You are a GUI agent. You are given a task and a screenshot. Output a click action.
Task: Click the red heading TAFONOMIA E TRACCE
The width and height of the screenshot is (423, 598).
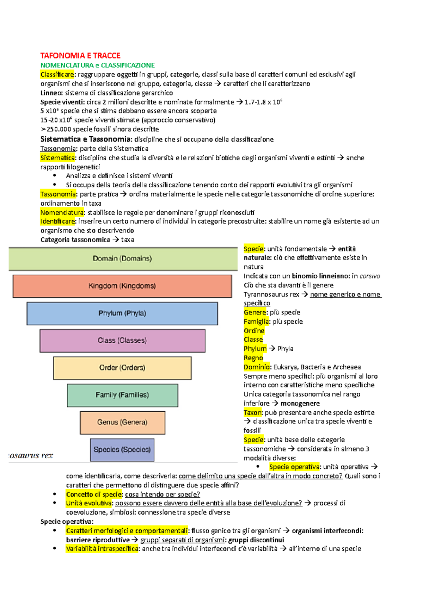coord(80,56)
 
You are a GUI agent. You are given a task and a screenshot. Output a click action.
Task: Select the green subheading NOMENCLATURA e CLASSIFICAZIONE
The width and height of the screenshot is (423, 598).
coord(98,65)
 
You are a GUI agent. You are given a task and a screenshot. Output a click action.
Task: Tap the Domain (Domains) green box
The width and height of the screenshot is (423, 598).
coord(122,258)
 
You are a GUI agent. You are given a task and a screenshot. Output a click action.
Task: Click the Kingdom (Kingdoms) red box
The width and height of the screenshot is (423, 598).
coord(122,286)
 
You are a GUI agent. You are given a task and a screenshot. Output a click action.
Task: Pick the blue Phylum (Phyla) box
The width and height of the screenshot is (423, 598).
coord(122,313)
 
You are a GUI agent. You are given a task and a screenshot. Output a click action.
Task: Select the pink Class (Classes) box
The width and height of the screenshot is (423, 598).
coord(122,341)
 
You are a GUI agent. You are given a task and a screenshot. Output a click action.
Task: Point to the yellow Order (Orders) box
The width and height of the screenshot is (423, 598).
coord(122,368)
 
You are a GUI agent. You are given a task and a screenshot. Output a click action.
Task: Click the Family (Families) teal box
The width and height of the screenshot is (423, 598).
coord(122,395)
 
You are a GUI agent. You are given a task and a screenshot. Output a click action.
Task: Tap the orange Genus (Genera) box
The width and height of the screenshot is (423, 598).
coord(122,422)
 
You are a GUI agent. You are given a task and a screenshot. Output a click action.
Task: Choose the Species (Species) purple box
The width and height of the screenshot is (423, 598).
coord(122,450)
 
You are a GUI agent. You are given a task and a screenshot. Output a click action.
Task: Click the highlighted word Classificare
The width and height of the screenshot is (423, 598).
coord(57,74)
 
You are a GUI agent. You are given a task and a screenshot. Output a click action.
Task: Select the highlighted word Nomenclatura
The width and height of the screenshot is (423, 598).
coord(62,212)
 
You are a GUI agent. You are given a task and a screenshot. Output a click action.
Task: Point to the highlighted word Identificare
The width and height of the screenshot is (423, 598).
coord(58,221)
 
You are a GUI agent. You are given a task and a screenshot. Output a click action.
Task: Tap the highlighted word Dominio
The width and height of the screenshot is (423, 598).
coord(257,367)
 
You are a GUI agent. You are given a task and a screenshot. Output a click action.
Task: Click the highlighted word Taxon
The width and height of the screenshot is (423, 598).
coord(253,412)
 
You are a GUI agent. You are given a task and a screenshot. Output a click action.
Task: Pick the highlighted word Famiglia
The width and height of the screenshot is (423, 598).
coord(256,322)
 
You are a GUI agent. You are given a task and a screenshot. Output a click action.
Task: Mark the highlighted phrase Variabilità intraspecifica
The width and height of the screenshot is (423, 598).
coord(102,549)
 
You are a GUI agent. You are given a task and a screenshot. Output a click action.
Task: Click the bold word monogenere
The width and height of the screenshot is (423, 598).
coord(300,403)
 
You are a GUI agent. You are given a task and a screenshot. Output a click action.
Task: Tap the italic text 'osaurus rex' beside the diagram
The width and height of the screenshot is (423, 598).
coord(31,455)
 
